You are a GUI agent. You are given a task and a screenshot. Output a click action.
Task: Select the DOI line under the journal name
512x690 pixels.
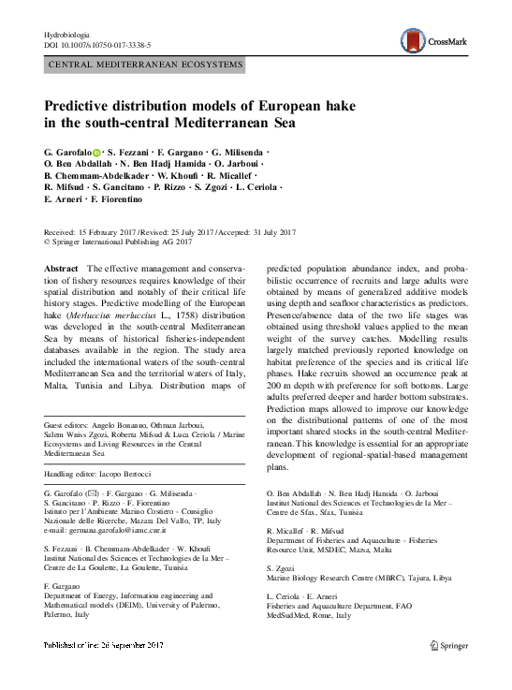click(97, 46)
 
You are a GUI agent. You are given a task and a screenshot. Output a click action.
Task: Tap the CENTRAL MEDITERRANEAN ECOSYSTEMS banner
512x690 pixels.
click(145, 66)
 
